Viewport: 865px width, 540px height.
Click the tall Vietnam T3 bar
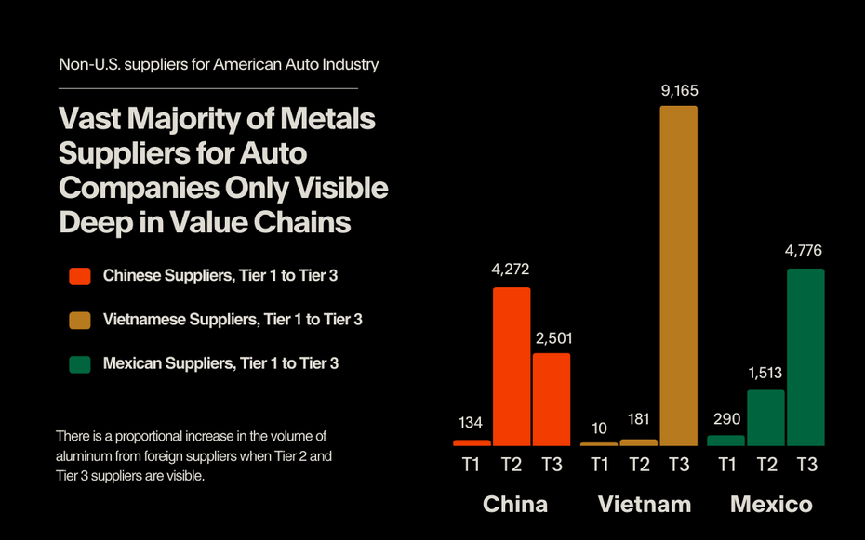coord(678,275)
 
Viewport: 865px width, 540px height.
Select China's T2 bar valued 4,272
coord(512,366)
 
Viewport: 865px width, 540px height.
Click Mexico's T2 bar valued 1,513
coord(765,417)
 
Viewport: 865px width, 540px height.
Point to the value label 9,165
coord(678,91)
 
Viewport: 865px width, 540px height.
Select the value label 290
coord(725,419)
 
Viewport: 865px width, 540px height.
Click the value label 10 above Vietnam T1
coord(599,428)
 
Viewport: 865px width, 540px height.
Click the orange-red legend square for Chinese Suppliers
coord(80,276)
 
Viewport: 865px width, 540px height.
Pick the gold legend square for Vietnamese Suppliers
coord(80,320)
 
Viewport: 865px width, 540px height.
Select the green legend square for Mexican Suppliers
coord(80,363)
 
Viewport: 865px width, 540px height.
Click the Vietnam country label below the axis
coord(645,505)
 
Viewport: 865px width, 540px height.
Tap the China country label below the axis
coord(515,505)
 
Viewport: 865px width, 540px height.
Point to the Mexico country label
coord(771,505)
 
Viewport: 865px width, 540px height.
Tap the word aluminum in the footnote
coord(88,456)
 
